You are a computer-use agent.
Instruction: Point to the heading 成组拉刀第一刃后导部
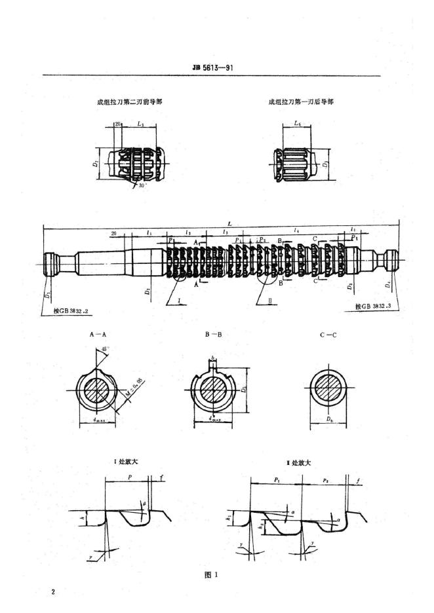point(298,102)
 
